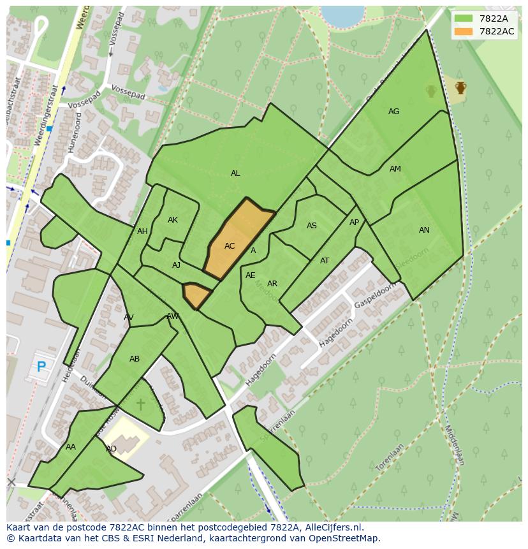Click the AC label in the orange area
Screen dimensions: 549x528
[x=230, y=246]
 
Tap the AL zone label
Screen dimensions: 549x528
[x=235, y=173]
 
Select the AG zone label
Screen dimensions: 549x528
[x=393, y=112]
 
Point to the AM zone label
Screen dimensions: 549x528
[x=395, y=169]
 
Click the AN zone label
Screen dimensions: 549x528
[x=424, y=230]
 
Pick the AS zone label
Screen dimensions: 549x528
[x=312, y=226]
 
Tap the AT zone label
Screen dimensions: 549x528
[x=325, y=261]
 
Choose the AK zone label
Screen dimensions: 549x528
[x=173, y=220]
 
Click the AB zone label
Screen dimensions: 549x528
[x=135, y=359]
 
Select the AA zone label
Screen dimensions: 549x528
[x=71, y=447]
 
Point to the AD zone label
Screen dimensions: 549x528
[x=111, y=449]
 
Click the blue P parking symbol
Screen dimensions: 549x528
[x=41, y=367]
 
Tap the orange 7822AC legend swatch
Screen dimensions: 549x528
[x=464, y=31]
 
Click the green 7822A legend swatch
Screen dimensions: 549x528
[x=464, y=18]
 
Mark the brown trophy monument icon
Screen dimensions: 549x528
[x=460, y=87]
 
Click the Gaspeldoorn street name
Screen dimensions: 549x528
[x=376, y=295]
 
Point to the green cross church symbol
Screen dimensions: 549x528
[x=140, y=404]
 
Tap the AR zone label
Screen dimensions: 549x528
[x=272, y=284]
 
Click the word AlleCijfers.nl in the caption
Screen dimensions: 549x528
[x=331, y=527]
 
